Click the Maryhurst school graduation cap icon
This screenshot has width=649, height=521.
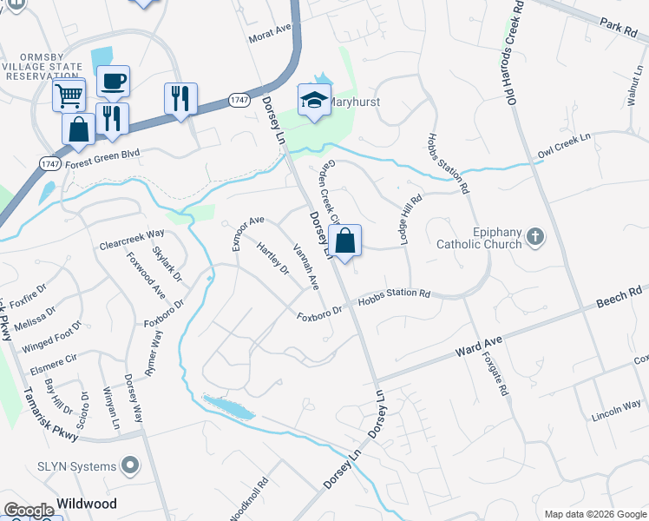point(314,100)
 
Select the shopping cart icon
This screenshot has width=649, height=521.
point(69,93)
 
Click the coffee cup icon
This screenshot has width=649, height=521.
point(113,82)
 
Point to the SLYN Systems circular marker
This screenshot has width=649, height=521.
point(130,466)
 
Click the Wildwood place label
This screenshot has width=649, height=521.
point(87,504)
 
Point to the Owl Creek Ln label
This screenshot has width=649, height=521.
point(564,143)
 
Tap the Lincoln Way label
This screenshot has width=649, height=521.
point(616,408)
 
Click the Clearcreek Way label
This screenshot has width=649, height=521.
point(132,234)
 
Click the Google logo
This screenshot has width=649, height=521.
point(29,511)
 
